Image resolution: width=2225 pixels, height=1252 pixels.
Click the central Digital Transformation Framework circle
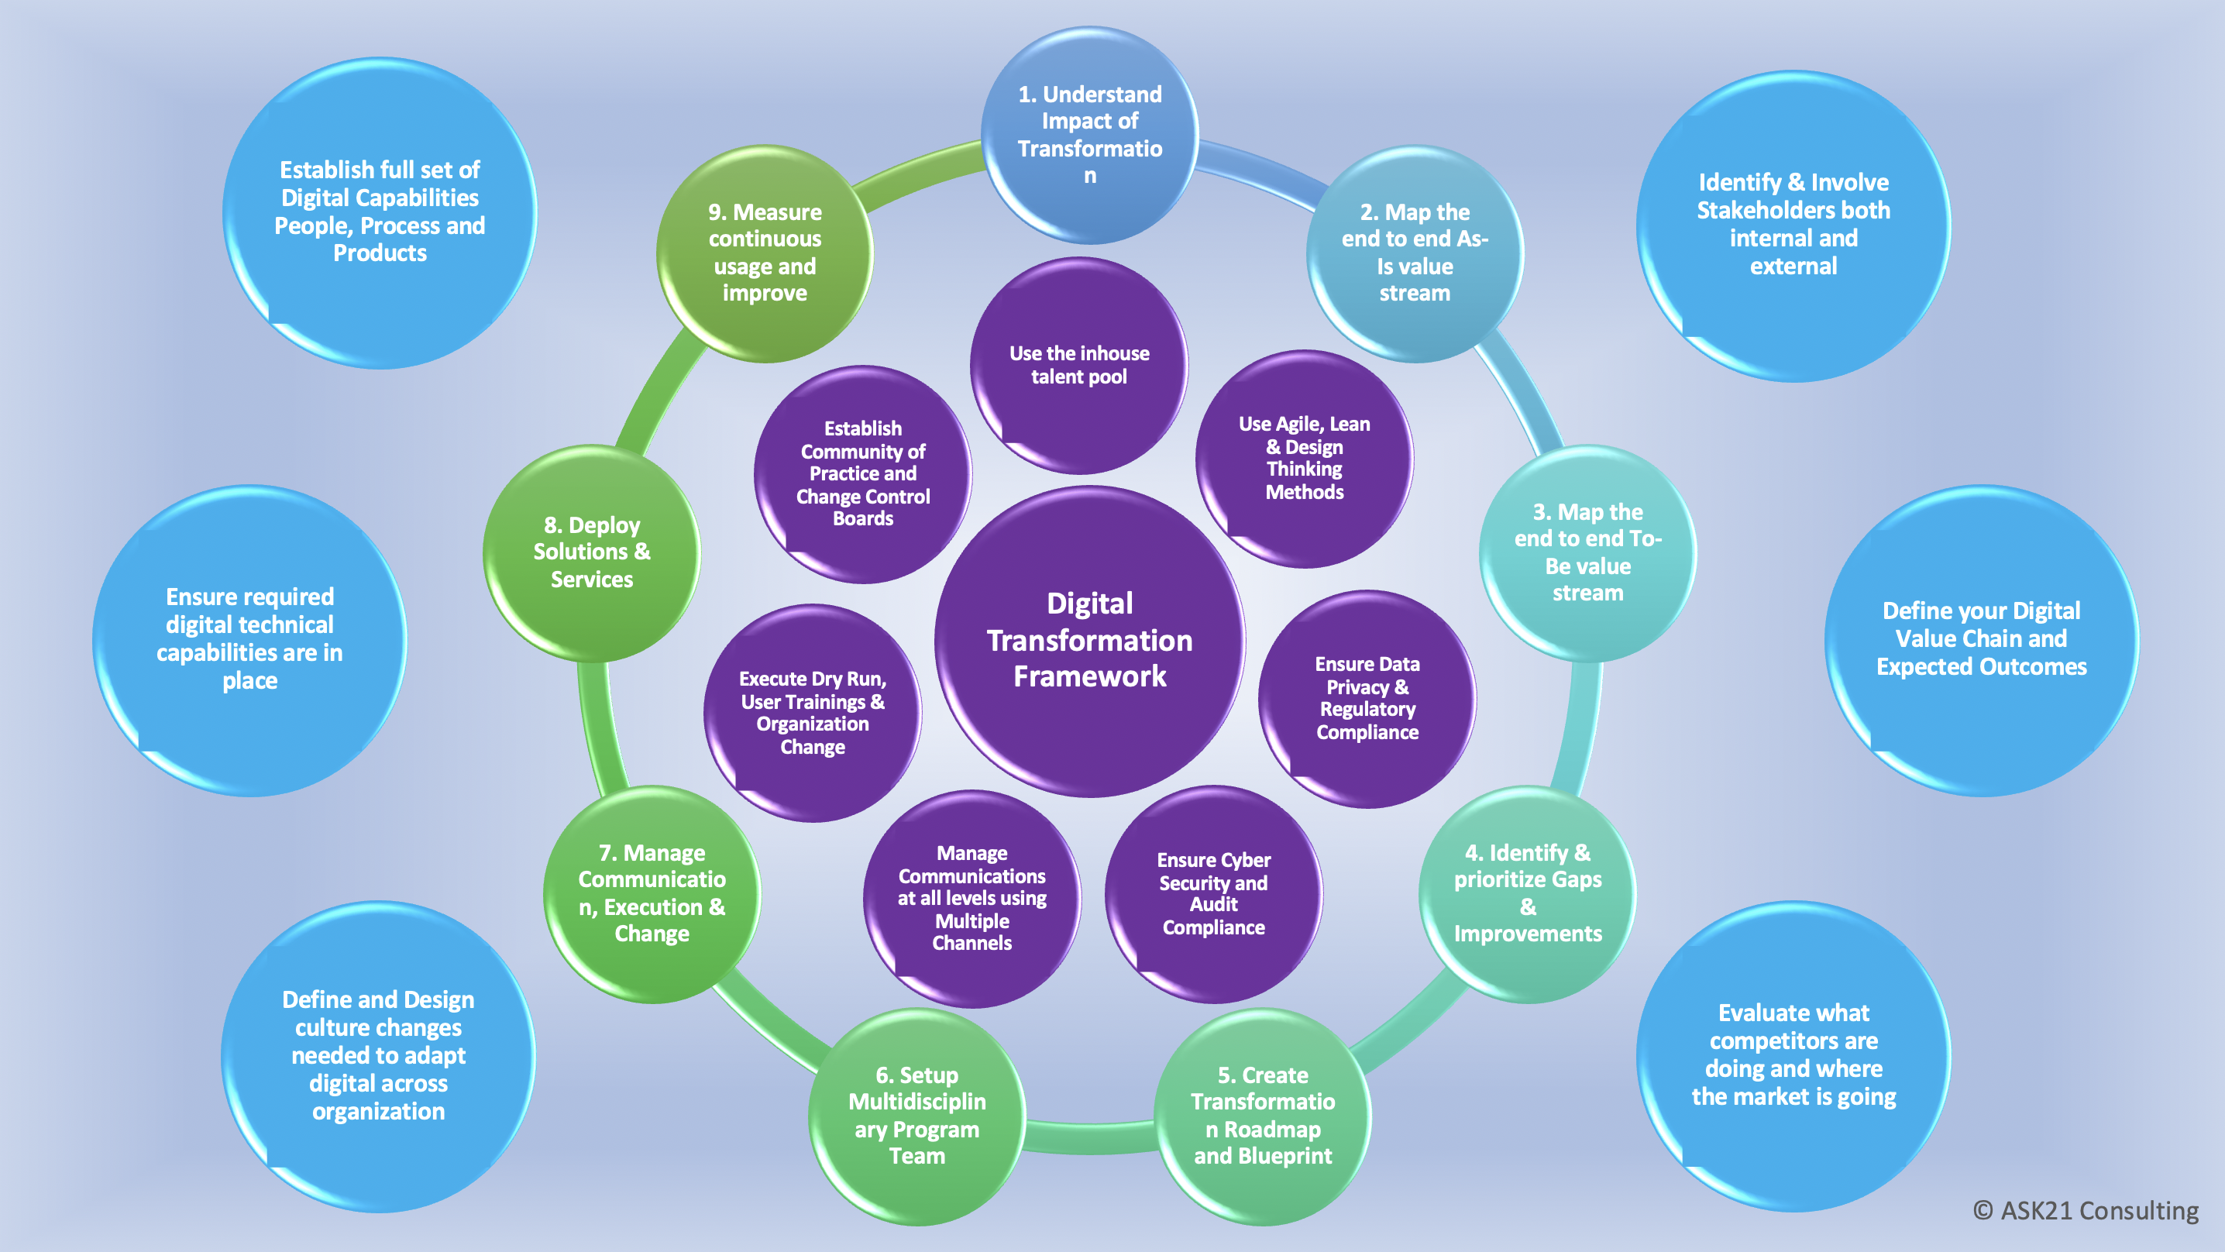(1089, 640)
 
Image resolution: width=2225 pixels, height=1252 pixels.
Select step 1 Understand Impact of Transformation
(1089, 135)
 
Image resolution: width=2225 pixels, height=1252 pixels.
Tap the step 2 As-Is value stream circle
(1414, 253)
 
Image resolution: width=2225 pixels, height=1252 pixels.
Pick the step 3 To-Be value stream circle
(1587, 553)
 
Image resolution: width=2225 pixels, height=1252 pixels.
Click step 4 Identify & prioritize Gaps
(1527, 893)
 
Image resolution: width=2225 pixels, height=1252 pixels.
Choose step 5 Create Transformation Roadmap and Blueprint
(1262, 1116)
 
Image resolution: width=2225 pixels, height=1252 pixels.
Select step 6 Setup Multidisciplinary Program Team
(916, 1116)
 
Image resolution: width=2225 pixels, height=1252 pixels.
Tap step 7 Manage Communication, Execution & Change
(652, 893)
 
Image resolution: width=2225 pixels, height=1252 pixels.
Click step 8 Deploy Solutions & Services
(592, 553)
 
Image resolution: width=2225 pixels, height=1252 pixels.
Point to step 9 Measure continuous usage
(765, 253)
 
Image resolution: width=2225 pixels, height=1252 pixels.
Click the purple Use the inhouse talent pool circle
(1079, 366)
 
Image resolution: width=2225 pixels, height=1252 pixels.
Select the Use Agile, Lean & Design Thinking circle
(1305, 458)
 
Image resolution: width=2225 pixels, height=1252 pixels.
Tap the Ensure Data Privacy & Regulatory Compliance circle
(1367, 698)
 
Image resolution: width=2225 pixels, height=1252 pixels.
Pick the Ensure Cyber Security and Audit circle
(1213, 893)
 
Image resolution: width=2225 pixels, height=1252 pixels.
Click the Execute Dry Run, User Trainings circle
(812, 713)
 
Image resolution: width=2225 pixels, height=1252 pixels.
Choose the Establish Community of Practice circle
(863, 473)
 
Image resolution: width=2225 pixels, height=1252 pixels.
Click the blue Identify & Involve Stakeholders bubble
(1793, 225)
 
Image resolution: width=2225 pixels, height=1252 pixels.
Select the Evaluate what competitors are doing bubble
(1793, 1055)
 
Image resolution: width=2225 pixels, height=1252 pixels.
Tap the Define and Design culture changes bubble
(378, 1055)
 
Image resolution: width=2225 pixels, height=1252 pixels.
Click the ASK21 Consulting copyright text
(2086, 1210)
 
